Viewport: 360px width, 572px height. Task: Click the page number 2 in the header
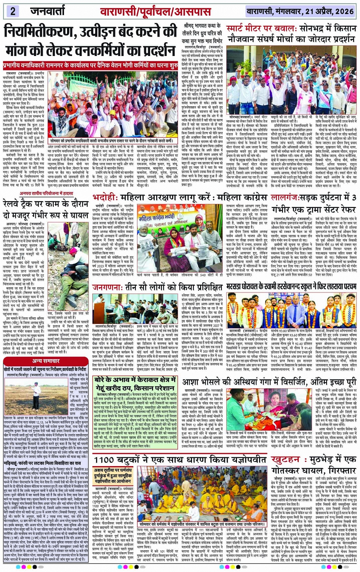13,11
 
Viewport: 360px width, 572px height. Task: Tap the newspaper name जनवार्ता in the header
48,11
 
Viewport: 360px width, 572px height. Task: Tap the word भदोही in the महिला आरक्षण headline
104,198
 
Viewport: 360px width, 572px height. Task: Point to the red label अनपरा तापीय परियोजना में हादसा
47,193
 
